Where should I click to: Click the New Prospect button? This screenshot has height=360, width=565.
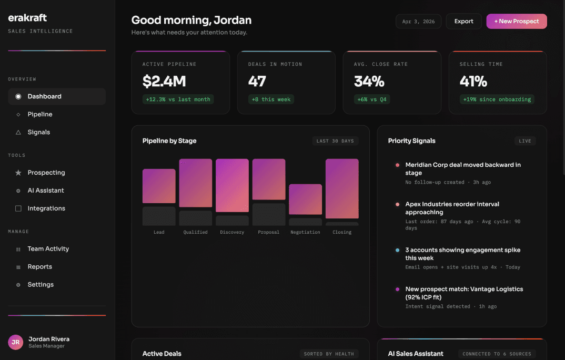coord(516,22)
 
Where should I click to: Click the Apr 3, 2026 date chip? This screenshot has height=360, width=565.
coord(418,22)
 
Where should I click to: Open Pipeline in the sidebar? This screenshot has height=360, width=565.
coord(40,114)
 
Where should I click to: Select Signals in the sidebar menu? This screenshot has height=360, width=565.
coord(39,132)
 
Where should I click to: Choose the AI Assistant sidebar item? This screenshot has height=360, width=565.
coord(46,191)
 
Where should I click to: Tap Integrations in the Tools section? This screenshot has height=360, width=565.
coord(46,208)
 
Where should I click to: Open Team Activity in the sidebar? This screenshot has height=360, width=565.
coord(48,249)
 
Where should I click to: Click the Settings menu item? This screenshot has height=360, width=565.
coord(41,285)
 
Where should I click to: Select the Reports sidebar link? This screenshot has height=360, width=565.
coord(40,267)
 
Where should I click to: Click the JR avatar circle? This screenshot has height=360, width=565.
coord(16,342)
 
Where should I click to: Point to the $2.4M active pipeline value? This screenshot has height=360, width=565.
coord(164,82)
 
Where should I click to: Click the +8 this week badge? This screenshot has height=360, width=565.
coord(271,99)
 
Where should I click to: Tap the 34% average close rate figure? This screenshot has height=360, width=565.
coord(369,82)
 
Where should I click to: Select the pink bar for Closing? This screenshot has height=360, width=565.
coord(342,188)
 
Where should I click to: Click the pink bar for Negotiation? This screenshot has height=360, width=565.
coord(305,199)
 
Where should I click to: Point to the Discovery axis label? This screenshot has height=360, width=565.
coord(232,232)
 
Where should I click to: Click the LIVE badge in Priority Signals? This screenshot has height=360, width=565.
coord(525,141)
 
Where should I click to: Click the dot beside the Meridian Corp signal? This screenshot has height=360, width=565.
coord(397,165)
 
